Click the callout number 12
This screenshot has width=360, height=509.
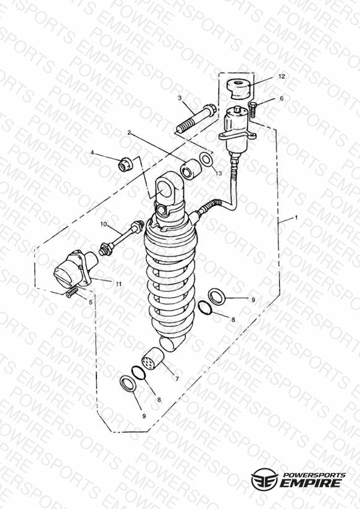click(x=282, y=76)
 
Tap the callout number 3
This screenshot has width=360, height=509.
click(x=180, y=98)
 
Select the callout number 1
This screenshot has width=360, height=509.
click(x=296, y=218)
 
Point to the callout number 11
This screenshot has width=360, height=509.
click(x=119, y=284)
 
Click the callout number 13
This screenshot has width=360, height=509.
click(x=219, y=174)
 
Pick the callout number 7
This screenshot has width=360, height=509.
click(x=177, y=379)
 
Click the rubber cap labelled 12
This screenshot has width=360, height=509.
click(x=239, y=88)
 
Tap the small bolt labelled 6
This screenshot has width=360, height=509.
click(x=253, y=110)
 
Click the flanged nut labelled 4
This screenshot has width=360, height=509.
click(x=125, y=164)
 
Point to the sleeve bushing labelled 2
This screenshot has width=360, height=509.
click(x=191, y=169)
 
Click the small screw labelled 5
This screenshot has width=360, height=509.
click(x=72, y=293)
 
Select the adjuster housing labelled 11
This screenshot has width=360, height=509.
click(x=76, y=268)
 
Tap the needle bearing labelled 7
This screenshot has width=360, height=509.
click(x=153, y=359)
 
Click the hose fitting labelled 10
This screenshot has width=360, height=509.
click(x=121, y=237)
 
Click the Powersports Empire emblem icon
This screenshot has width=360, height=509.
click(x=264, y=479)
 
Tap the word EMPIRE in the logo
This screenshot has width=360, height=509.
click(x=311, y=482)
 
